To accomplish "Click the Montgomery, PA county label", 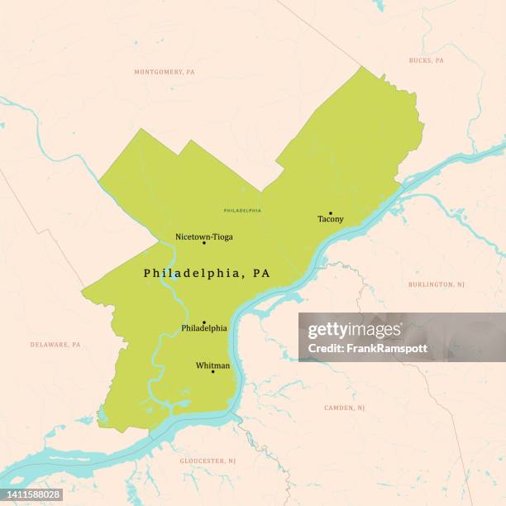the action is tap(165, 72).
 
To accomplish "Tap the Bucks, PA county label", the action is tap(426, 60).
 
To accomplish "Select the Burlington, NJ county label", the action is tap(436, 284).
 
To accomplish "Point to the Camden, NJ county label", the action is tap(344, 408).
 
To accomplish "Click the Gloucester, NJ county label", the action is tap(208, 461).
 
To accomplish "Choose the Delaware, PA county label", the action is tap(55, 344).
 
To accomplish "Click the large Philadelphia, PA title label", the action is tap(206, 273).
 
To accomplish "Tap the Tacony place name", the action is tap(330, 220).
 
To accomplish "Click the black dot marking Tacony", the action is tap(330, 212).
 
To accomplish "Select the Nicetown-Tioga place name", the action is tap(203, 236).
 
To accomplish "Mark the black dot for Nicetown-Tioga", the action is tap(204, 243).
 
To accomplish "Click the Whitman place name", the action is tap(212, 365).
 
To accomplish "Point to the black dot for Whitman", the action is tap(212, 371).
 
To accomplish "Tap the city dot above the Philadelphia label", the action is tap(204, 322).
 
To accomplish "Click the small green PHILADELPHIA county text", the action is tap(242, 211).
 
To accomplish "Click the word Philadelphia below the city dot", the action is tap(204, 328).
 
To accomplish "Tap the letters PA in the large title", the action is tap(261, 273).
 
